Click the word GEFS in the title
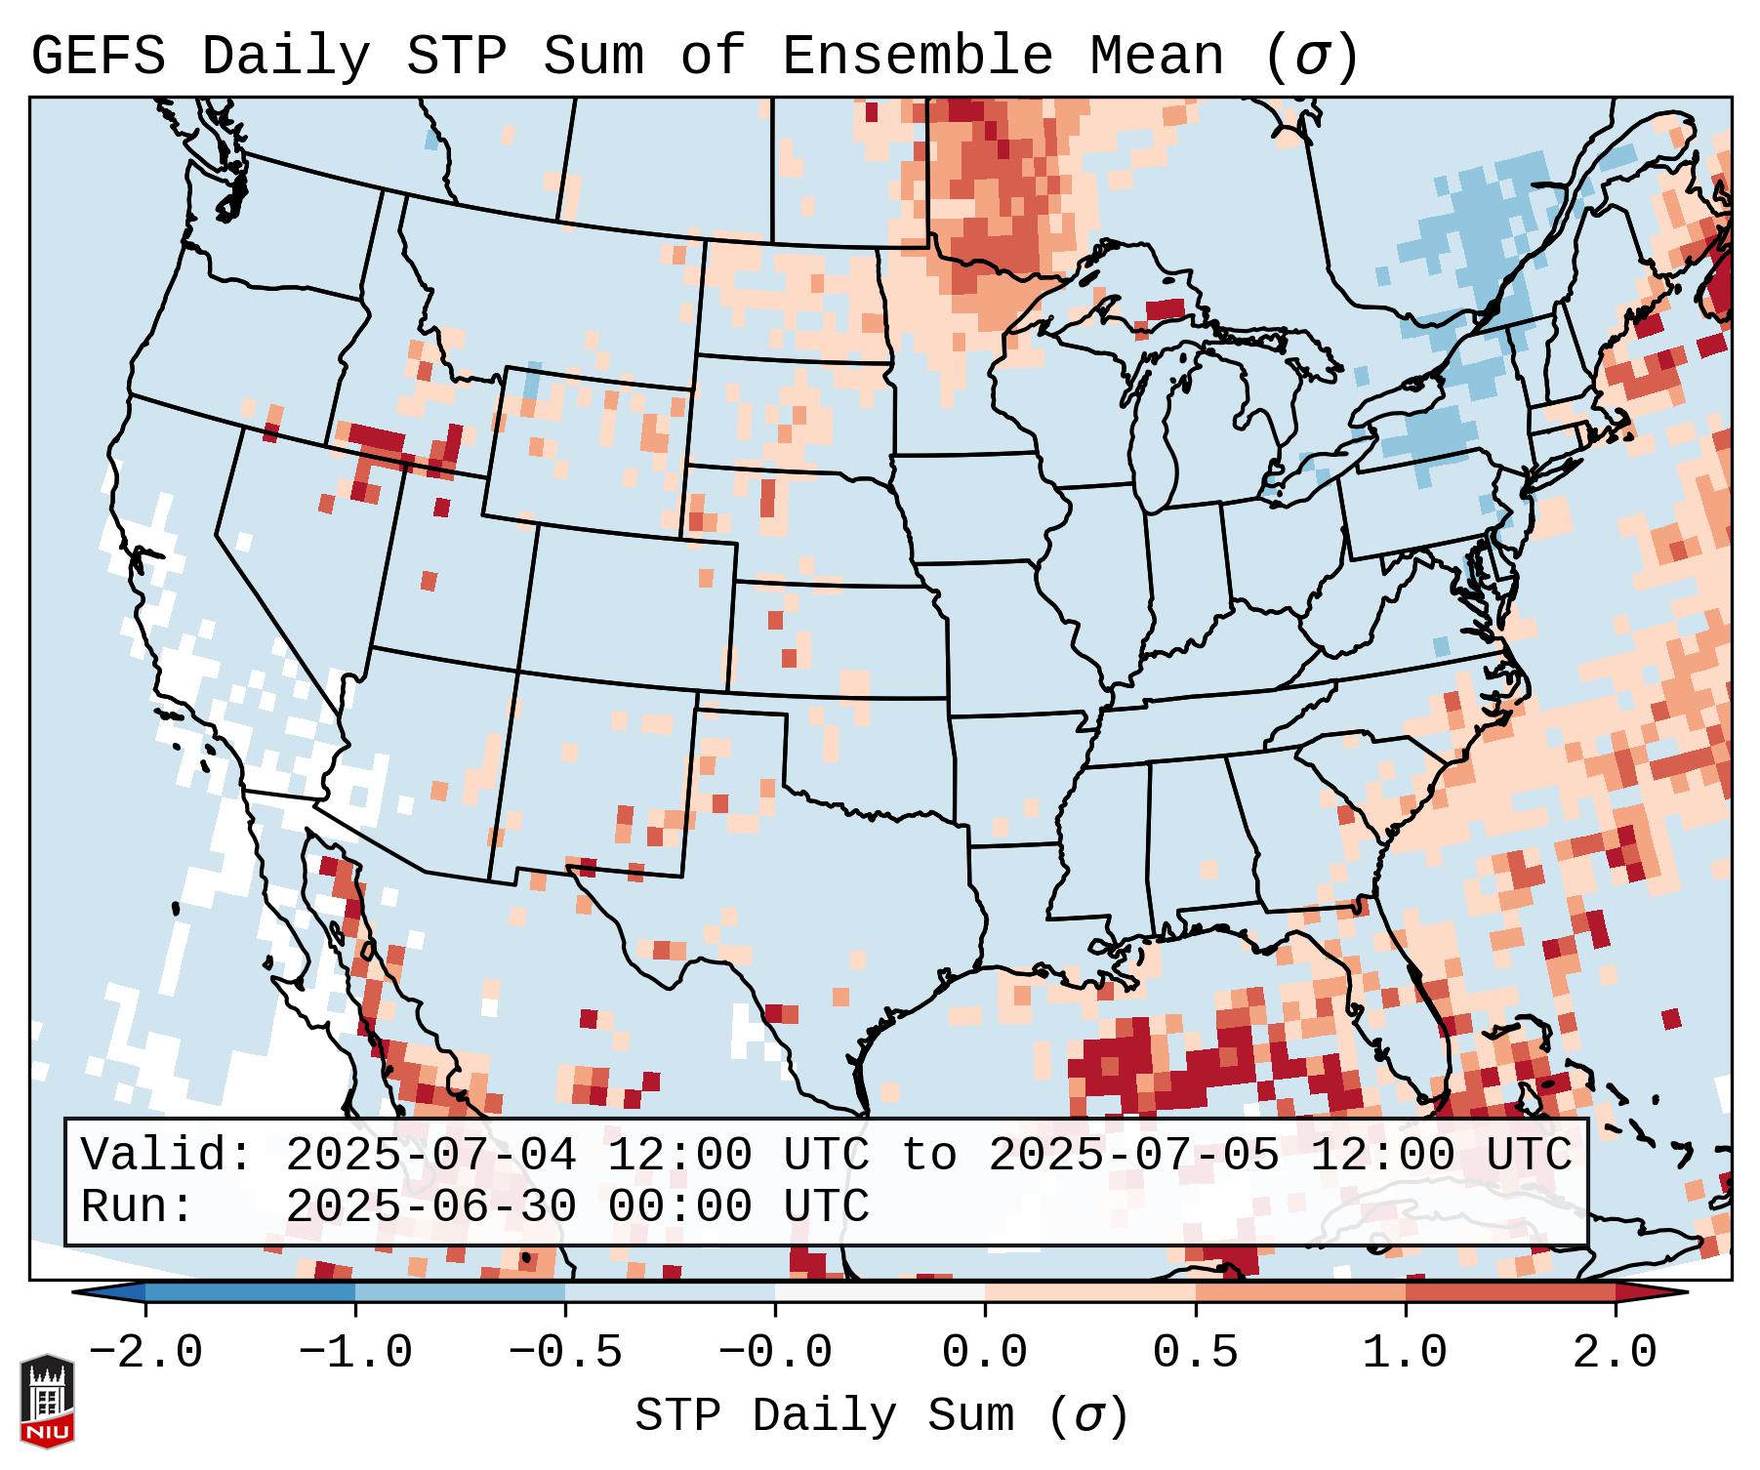pyautogui.click(x=98, y=57)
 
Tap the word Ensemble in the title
pyautogui.click(x=917, y=57)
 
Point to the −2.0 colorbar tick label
pyautogui.click(x=145, y=1353)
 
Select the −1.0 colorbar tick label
pyautogui.click(x=355, y=1353)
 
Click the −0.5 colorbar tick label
pyautogui.click(x=565, y=1353)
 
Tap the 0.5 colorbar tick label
pyautogui.click(x=1195, y=1353)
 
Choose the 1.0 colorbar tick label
pyautogui.click(x=1405, y=1353)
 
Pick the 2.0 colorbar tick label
pyautogui.click(x=1615, y=1353)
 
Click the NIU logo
pyautogui.click(x=47, y=1401)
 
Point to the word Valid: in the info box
pyautogui.click(x=167, y=1155)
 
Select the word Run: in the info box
pyautogui.click(x=138, y=1206)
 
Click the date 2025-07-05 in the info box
pyautogui.click(x=1133, y=1155)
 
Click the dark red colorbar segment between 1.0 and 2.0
pyautogui.click(x=1509, y=1292)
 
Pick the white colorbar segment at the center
pyautogui.click(x=880, y=1292)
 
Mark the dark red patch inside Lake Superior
pyautogui.click(x=1165, y=309)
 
